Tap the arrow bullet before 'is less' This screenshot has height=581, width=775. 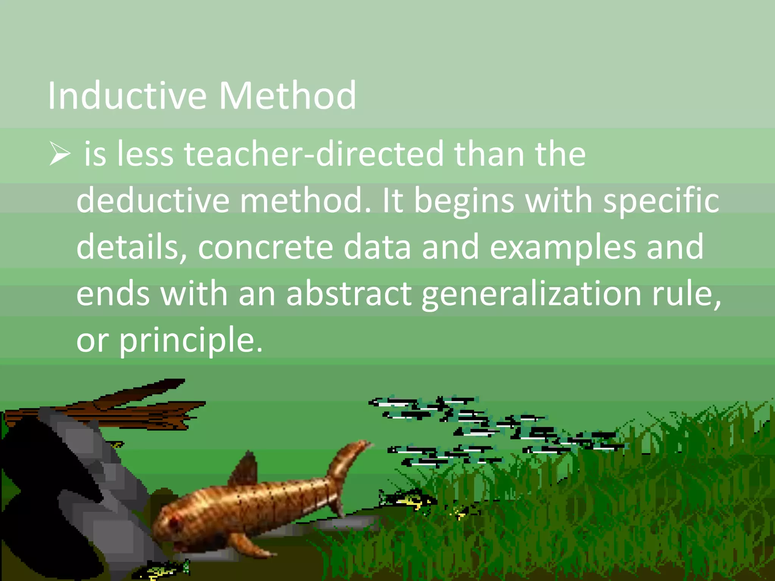[x=60, y=155]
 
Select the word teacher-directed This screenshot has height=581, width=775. [x=314, y=154]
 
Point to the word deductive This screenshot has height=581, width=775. [x=153, y=200]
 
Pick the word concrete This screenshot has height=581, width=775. [x=265, y=247]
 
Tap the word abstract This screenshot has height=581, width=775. [x=349, y=294]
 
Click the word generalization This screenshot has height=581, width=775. [x=531, y=294]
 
